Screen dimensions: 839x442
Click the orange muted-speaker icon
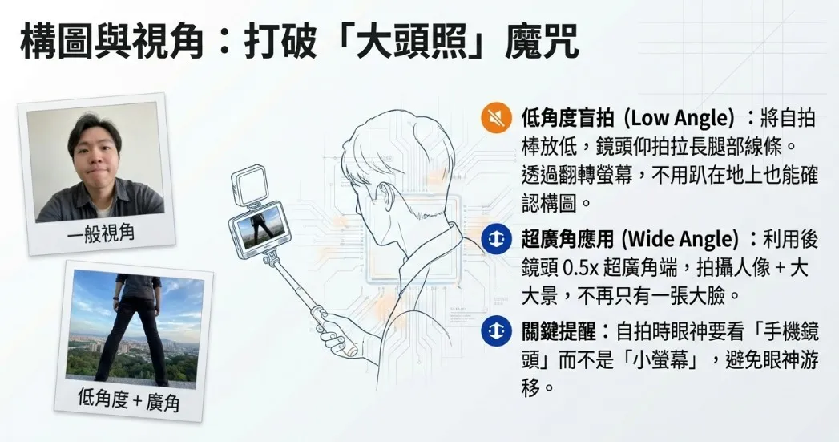tap(496, 118)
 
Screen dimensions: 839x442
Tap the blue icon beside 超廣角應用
tap(496, 239)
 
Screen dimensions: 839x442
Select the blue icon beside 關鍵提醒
tap(496, 331)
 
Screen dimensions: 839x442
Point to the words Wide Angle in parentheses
tap(680, 239)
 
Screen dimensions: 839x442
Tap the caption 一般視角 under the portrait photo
tap(101, 234)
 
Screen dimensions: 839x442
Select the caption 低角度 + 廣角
tap(128, 400)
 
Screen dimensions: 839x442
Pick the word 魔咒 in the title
tap(542, 43)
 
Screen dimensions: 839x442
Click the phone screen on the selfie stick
tap(260, 230)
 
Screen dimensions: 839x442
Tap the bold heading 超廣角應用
tap(567, 239)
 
